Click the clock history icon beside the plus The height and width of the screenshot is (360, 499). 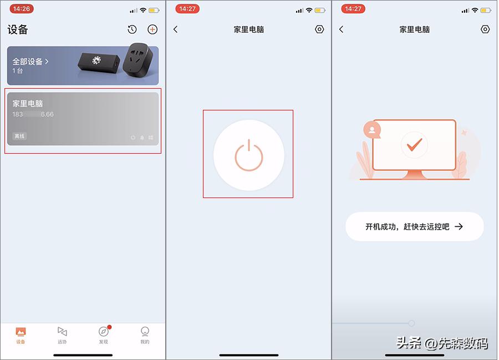point(132,29)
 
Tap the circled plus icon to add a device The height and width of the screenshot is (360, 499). point(152,29)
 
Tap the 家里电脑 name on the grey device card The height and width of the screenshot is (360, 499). point(28,104)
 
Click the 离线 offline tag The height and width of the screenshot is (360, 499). point(19,136)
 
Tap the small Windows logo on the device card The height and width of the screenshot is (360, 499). point(150,138)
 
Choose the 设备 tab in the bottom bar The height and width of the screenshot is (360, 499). point(21,335)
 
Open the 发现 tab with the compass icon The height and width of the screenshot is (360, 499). point(104,335)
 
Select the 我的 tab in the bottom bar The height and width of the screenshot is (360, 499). point(145,335)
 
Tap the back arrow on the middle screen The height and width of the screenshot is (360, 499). point(176,29)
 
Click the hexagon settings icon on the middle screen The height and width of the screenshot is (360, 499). point(319,29)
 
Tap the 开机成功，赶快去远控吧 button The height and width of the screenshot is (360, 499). point(414,226)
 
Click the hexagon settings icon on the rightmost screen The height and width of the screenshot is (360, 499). point(486,29)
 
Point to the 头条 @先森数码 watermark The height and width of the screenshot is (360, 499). point(442,343)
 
